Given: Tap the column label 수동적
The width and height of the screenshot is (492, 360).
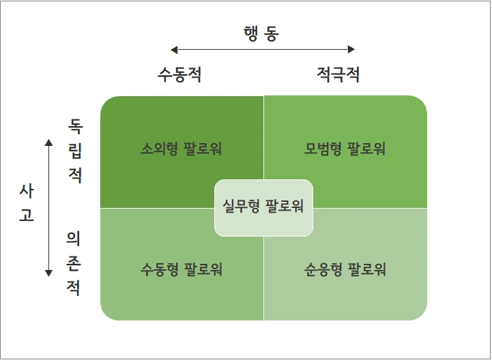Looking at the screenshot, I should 179,74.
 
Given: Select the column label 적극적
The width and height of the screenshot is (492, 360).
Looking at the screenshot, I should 338,74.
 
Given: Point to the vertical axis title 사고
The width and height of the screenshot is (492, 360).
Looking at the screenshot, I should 26,204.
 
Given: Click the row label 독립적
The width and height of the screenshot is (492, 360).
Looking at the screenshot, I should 75,151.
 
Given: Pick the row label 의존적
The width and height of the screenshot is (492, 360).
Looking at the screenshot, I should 74,262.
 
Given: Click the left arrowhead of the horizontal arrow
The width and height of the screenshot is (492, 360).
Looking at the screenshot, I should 174,49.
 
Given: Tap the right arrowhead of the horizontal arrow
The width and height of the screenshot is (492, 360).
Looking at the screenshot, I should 351,49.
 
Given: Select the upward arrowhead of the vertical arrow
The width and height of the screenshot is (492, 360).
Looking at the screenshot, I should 48,142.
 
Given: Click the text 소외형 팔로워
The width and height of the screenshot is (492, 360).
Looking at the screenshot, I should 182,149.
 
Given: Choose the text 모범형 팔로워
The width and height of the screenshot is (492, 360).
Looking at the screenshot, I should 345,149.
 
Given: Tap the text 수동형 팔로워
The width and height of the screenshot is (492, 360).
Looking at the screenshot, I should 182,269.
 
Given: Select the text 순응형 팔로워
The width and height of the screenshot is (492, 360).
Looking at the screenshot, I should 345,269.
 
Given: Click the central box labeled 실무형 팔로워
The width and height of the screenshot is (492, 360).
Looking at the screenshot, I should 263,207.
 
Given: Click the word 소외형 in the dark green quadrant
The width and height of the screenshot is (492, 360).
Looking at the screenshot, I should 161,149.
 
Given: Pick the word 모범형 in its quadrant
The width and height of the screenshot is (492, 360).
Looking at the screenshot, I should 324,149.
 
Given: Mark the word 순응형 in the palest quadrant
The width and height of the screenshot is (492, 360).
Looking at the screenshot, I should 324,269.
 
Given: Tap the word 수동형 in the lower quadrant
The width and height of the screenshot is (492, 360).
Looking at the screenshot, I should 161,269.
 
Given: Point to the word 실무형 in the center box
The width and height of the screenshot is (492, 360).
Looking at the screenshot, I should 242,206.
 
